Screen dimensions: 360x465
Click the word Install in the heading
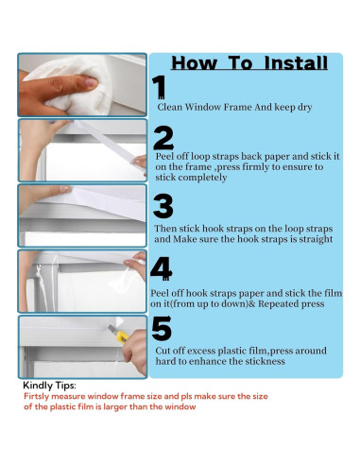click(296, 63)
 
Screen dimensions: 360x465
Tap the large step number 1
click(159, 87)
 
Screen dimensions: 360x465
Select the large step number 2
click(163, 138)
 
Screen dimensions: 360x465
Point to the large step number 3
click(163, 206)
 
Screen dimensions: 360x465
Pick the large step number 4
click(162, 268)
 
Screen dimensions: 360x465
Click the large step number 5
click(162, 328)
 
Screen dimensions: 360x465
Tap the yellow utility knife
click(118, 334)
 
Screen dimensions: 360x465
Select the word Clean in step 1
click(170, 107)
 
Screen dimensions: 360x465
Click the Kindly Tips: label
click(49, 386)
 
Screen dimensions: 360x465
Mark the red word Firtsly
click(37, 396)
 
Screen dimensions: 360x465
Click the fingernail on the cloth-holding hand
click(92, 83)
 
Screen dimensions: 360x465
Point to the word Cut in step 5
click(163, 351)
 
